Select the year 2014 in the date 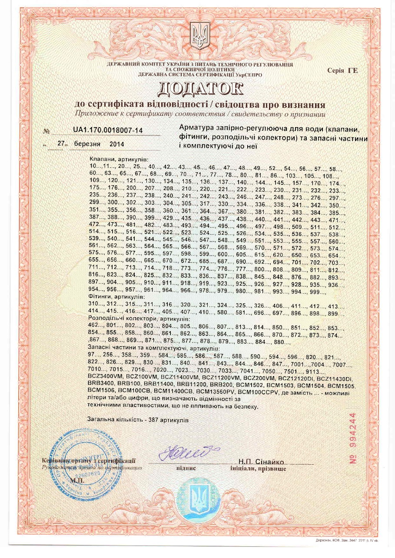click(x=116, y=144)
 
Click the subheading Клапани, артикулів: click(x=118, y=160)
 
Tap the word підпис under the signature click(x=186, y=469)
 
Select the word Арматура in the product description click(x=195, y=129)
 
